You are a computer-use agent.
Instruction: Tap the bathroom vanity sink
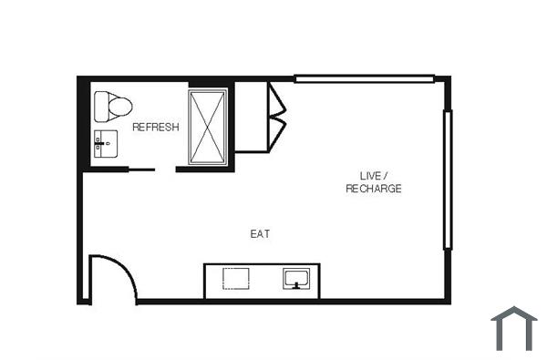[x=105, y=142]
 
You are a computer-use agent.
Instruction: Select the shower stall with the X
[x=209, y=127]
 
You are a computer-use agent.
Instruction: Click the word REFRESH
[x=156, y=128]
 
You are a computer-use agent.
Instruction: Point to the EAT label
[x=261, y=234]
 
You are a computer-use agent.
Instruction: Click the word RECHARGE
[x=374, y=189]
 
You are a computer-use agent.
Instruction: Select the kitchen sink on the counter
[x=297, y=278]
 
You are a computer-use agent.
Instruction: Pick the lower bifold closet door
[x=275, y=130]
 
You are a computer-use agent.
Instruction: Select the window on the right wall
[x=447, y=179]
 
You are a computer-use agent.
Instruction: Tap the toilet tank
[x=99, y=107]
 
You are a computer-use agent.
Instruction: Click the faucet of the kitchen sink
[x=297, y=284]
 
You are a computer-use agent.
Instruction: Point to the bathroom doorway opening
[x=170, y=170]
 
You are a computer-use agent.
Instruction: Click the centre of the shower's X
[x=209, y=127]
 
